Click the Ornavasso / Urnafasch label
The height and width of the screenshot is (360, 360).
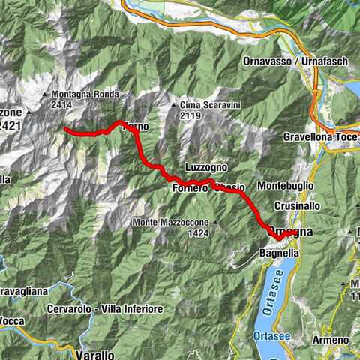point(283,61)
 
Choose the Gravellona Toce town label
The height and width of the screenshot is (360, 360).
point(321,137)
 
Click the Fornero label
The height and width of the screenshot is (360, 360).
point(190,188)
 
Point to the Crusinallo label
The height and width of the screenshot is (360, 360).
point(298,205)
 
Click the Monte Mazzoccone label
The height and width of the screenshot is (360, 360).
point(170,223)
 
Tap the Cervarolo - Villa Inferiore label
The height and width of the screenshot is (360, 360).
point(104,309)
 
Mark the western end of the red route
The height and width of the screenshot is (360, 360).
point(65,129)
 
